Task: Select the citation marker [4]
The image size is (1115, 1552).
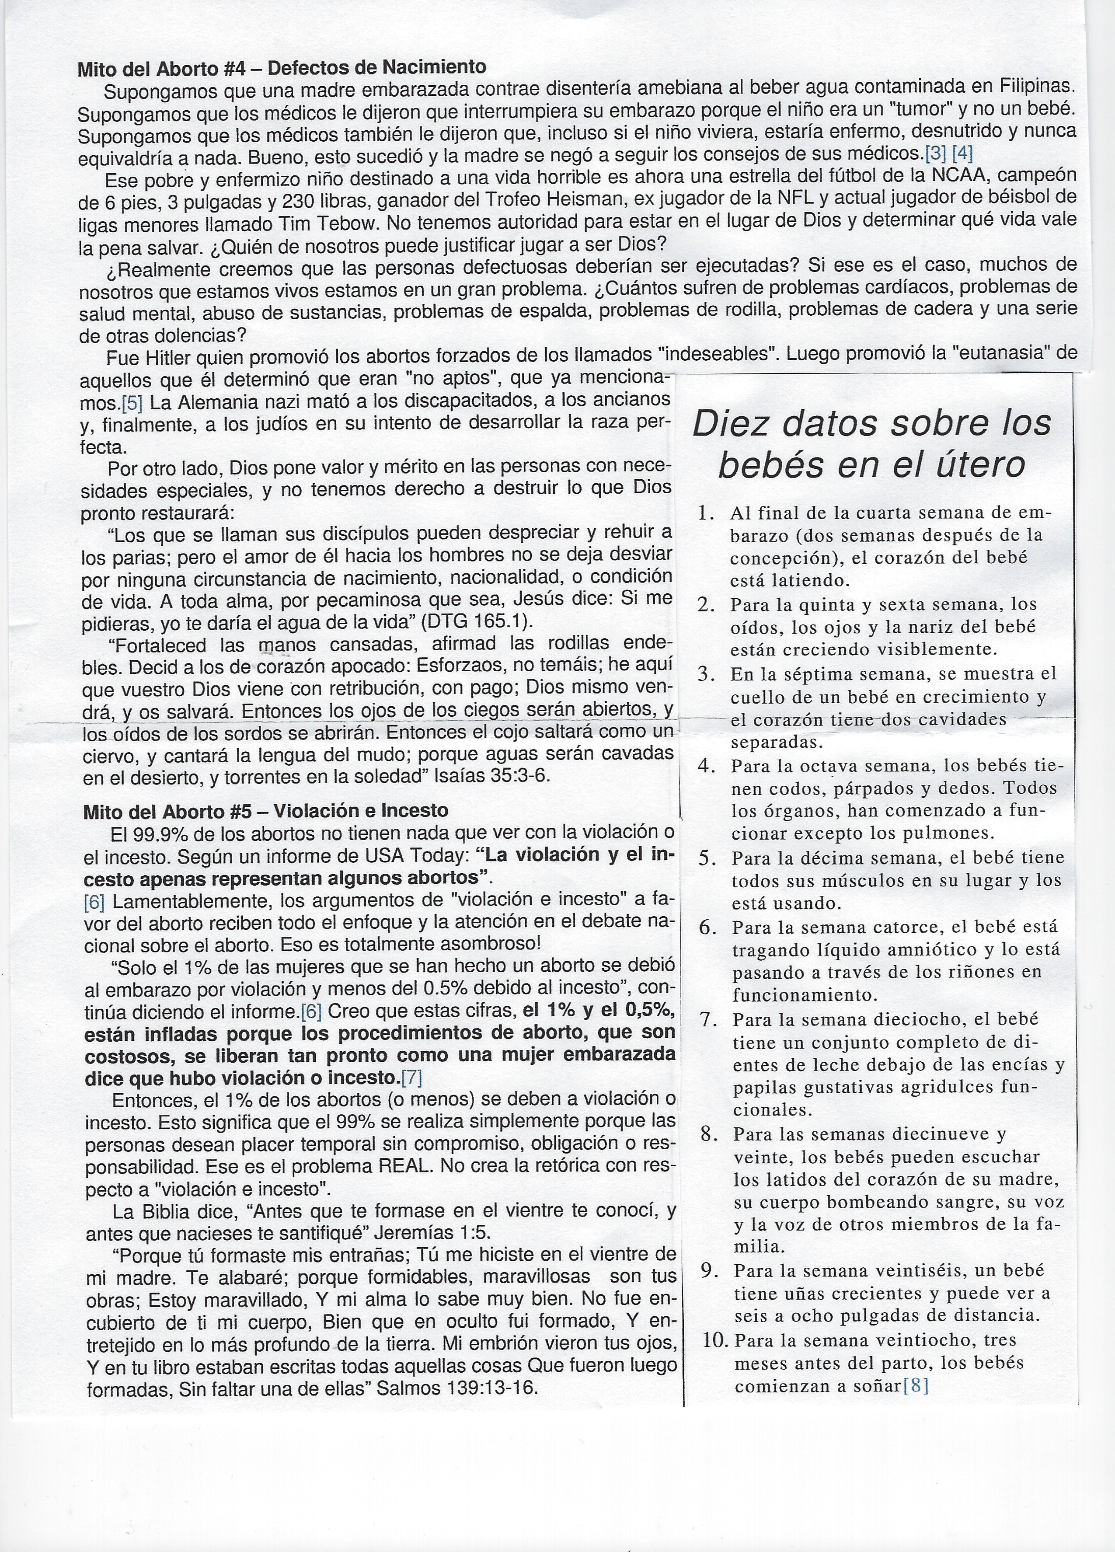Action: [962, 153]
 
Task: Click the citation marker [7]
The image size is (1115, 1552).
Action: [412, 1078]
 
